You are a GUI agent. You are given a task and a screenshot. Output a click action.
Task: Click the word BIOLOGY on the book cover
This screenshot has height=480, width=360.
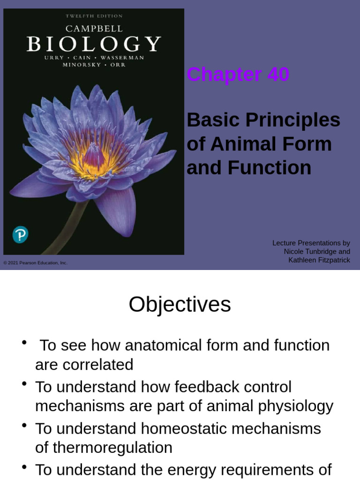click(x=94, y=44)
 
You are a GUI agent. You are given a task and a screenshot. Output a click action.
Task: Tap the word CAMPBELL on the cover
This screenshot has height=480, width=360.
click(x=94, y=28)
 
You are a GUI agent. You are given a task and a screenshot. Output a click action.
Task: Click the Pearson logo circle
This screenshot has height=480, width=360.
click(x=20, y=234)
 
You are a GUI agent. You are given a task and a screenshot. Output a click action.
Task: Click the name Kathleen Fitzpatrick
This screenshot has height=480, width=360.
click(x=319, y=260)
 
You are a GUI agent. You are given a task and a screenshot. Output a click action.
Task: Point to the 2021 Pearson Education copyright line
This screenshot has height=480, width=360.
click(x=36, y=263)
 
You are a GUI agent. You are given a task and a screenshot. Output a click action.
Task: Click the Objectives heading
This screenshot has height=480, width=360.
click(x=180, y=304)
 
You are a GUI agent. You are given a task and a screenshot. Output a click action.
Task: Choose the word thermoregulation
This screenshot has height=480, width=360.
click(x=112, y=448)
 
